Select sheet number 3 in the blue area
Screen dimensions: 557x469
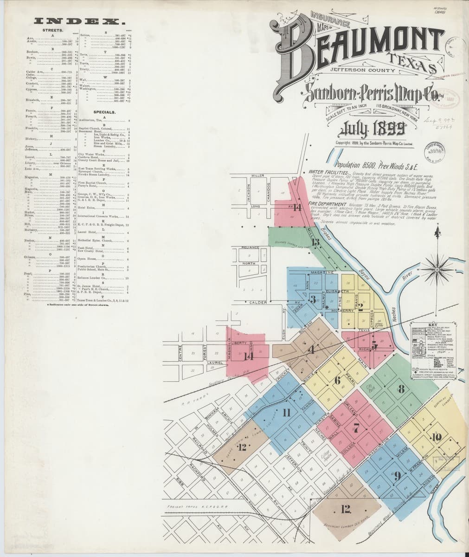pos(313,298)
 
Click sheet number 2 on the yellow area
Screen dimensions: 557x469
pos(360,306)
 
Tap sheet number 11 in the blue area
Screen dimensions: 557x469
pos(286,412)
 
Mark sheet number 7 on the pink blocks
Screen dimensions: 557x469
pos(356,427)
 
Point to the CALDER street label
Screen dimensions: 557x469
pos(258,303)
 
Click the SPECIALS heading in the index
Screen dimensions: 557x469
pos(104,112)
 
